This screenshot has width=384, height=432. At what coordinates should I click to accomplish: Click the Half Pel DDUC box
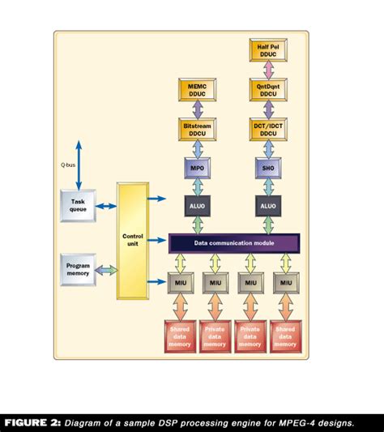point(268,52)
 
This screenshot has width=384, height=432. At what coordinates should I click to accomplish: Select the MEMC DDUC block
point(198,89)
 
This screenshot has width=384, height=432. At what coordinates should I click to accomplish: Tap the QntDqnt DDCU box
point(268,89)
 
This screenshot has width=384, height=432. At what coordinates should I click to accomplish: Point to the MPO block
point(198,168)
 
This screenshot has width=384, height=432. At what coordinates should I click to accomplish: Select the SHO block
point(268,168)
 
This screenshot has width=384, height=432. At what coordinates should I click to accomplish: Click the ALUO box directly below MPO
point(198,206)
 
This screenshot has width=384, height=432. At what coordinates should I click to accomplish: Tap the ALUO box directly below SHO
point(268,206)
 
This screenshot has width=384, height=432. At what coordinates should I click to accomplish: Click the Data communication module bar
point(233,242)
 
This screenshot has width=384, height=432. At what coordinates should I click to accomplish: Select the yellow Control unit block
point(133,241)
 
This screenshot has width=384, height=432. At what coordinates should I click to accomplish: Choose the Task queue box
point(79,205)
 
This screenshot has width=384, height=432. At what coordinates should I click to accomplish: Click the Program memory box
point(79,269)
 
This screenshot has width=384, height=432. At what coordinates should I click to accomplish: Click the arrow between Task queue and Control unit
point(106,206)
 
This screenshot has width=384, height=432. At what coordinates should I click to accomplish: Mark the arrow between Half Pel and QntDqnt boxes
point(268,71)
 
